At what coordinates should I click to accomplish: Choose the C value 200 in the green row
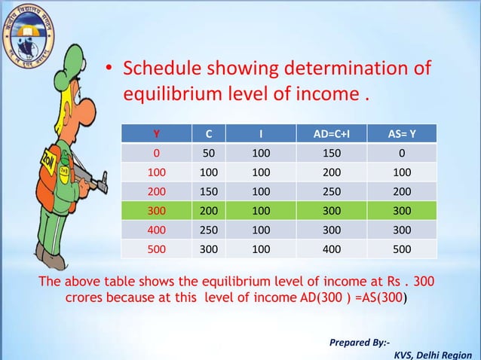(209, 211)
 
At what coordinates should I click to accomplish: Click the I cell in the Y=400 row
(260, 230)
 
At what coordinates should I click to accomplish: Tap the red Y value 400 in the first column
(156, 230)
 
